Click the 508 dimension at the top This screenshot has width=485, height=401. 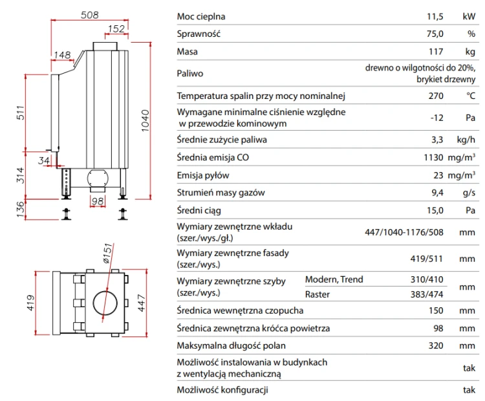coord(90,15)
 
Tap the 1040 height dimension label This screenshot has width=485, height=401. coord(145,121)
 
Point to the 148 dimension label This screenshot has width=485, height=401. coord(63,55)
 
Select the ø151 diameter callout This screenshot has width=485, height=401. coord(107,254)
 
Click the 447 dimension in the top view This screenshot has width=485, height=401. coord(141,303)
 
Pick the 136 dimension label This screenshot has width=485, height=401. coord(20,210)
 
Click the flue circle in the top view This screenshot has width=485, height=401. coord(105,303)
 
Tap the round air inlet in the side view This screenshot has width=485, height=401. coord(98,179)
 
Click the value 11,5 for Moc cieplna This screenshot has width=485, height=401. coord(435,16)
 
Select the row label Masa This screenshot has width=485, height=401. coord(187,51)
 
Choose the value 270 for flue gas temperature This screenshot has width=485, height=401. coord(436,96)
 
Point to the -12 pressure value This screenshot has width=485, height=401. coord(436,118)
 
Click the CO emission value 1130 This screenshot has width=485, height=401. coord(433,157)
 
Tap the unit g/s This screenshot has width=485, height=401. coord(469,193)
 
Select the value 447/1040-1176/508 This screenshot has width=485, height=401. coord(404,232)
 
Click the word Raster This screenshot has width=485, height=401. coord(318,294)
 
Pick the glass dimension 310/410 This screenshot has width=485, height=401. coord(427,279)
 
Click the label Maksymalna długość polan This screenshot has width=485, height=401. coord(231,345)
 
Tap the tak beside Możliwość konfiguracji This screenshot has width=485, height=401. coord(469,390)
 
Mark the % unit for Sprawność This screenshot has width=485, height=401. coord(471,34)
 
